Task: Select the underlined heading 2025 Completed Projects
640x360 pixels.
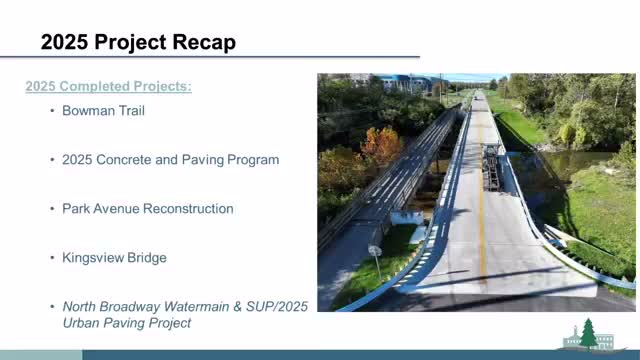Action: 108,87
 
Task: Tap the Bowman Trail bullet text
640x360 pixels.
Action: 103,111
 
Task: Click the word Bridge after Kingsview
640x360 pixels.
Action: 148,258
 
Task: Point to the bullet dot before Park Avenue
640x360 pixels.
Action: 52,209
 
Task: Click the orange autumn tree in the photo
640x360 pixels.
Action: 381,145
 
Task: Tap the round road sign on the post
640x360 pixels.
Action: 374,251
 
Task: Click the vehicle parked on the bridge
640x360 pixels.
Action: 492,165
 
